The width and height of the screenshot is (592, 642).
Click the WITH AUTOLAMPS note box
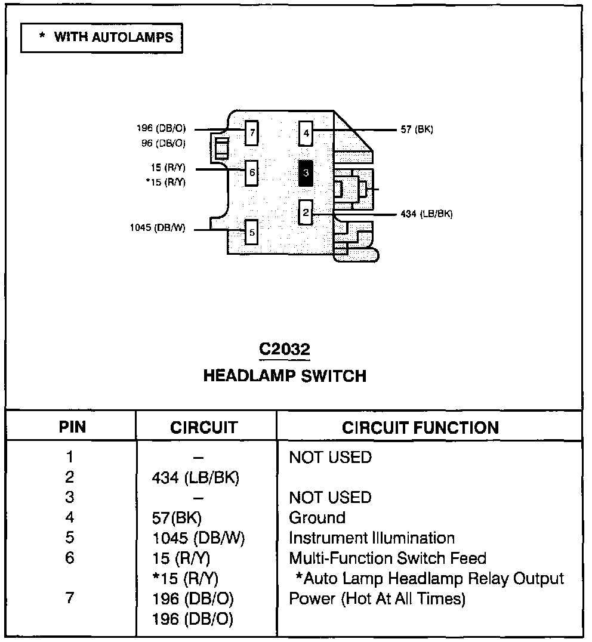pos(101,38)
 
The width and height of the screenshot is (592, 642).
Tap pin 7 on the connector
pos(252,133)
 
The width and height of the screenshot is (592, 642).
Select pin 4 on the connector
pos(306,133)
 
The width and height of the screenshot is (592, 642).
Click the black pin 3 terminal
pos(306,173)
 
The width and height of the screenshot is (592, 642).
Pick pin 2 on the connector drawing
pos(306,212)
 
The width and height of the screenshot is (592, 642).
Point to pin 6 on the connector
pos(252,172)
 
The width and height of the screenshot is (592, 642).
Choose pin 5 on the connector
pos(252,232)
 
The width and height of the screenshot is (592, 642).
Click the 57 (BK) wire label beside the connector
pos(417,129)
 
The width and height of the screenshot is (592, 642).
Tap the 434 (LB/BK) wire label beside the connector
pos(427,214)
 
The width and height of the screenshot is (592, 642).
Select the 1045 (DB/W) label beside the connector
pos(158,227)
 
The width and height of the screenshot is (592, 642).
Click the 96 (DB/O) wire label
pos(163,143)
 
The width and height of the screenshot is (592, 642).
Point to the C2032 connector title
pos(284,349)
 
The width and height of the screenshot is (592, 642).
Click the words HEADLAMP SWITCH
pos(285,376)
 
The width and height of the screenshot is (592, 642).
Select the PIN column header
pos(72,427)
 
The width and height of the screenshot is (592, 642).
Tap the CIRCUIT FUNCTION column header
pos(420,427)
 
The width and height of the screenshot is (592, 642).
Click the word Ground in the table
pos(317,517)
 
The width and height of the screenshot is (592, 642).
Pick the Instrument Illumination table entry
pos(371,538)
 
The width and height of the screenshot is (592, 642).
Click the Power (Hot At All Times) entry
pos(377,598)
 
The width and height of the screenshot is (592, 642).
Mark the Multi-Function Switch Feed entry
pos(387,558)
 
